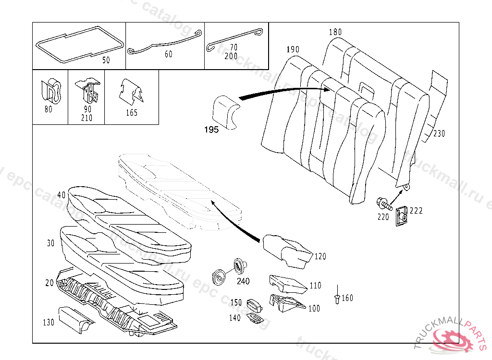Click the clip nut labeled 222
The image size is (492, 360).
tap(402, 216)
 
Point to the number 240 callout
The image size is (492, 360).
tap(243, 281)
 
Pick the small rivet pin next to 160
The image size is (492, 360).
tap(337, 297)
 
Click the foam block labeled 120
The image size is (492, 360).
tap(286, 249)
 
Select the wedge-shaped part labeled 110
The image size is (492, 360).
tap(287, 284)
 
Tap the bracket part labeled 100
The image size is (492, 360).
tap(286, 302)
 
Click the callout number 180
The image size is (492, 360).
tap(335, 32)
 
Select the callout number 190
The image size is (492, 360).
tap(293, 49)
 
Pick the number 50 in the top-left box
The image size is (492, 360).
tap(106, 60)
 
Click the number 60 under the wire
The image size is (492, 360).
tap(169, 54)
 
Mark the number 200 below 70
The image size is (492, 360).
tap(231, 56)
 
